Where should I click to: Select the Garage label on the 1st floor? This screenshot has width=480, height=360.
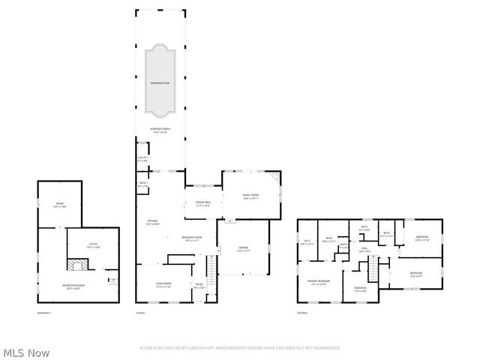242,248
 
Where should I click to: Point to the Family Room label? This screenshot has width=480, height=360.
250,196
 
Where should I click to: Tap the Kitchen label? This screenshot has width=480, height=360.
152,221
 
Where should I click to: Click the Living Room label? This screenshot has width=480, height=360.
163,285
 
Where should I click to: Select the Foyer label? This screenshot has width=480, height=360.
199,286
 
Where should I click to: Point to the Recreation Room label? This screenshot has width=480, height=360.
73,286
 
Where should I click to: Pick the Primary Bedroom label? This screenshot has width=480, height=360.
319,283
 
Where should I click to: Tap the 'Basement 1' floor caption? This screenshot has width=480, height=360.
44,312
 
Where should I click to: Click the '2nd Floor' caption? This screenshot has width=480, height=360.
303,312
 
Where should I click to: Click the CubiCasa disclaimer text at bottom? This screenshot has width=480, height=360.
240,348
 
